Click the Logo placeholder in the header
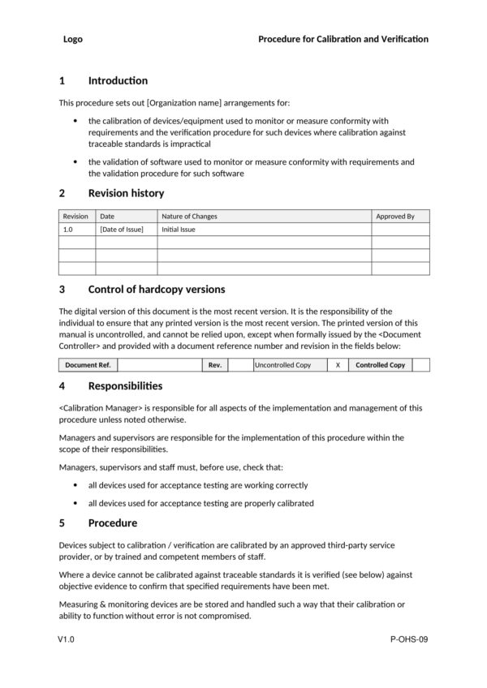(x=72, y=39)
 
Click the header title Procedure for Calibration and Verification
(x=343, y=39)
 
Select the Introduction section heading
(x=118, y=80)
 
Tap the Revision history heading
(x=126, y=193)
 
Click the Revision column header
(x=75, y=217)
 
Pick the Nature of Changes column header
(x=189, y=217)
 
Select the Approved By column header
(x=395, y=217)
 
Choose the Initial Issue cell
(x=179, y=230)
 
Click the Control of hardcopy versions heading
(x=156, y=290)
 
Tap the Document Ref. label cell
(x=88, y=365)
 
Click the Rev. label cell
(x=215, y=365)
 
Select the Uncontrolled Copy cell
(x=283, y=365)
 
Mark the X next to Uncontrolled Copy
(x=338, y=365)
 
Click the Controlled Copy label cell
(x=380, y=365)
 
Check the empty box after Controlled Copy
(x=420, y=365)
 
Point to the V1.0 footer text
(x=67, y=640)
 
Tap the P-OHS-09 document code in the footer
(x=409, y=640)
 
